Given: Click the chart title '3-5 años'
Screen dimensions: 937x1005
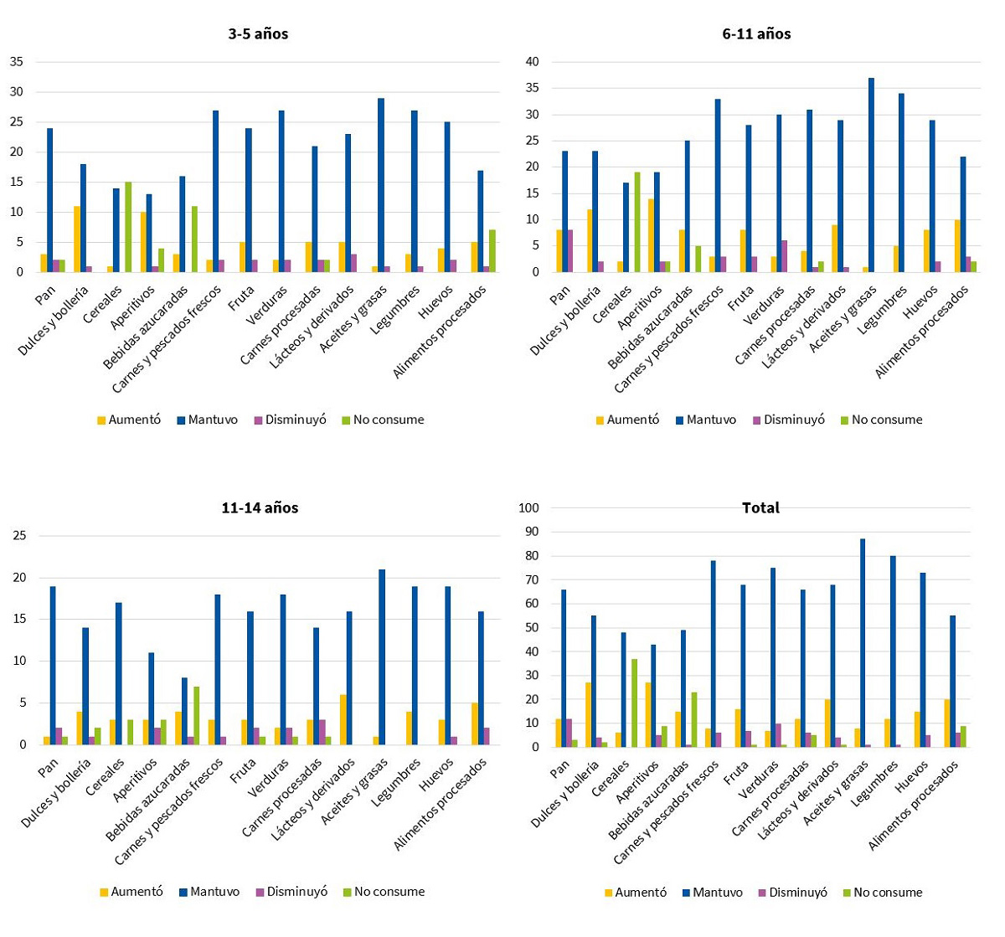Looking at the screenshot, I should pos(258,34).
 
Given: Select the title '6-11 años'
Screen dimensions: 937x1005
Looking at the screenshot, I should pos(756,34).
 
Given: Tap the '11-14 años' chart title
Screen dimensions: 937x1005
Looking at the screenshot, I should pos(260,507).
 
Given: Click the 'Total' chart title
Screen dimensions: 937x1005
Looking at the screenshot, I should pos(760,507).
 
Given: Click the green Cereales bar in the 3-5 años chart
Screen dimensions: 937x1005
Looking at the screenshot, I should pos(128,227).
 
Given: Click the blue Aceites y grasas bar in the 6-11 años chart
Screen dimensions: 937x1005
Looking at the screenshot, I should pos(871,175).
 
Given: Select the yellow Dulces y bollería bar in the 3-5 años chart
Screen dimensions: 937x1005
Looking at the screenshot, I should pos(77,239).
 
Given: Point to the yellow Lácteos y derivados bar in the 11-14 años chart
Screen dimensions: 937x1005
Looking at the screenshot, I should pos(343,719).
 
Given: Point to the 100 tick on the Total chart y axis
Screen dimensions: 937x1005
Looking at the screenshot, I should pos(529,507).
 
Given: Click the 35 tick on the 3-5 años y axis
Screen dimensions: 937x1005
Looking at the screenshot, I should pos(17,62).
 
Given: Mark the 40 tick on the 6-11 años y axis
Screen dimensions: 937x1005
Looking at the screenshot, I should pos(532,62).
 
